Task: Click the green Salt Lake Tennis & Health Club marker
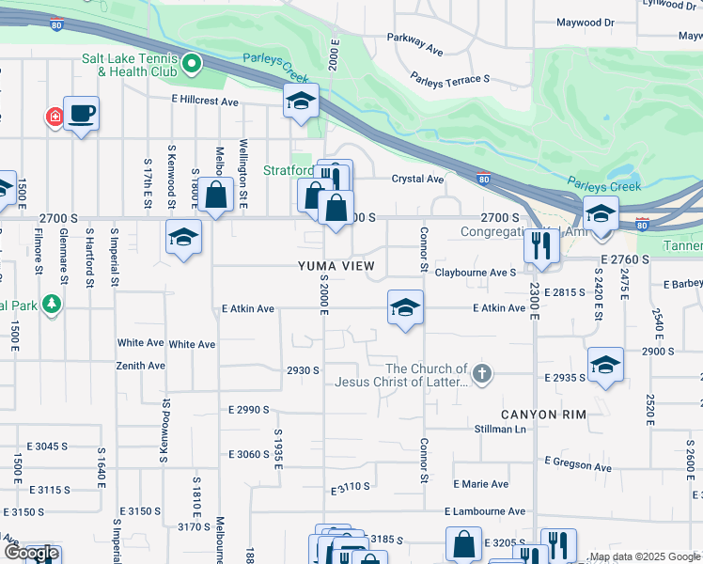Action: (x=192, y=64)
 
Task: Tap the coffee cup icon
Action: (x=82, y=114)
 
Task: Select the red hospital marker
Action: (x=55, y=117)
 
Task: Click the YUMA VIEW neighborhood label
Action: (x=336, y=266)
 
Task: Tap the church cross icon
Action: (x=481, y=374)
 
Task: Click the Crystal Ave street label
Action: (x=417, y=180)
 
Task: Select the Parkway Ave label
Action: (x=414, y=43)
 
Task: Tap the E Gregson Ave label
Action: (x=582, y=463)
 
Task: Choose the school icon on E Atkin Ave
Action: (x=405, y=307)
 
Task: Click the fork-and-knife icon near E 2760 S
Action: (x=540, y=246)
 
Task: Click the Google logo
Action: (x=30, y=554)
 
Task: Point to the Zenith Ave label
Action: (x=141, y=366)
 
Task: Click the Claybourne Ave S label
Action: (x=476, y=273)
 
